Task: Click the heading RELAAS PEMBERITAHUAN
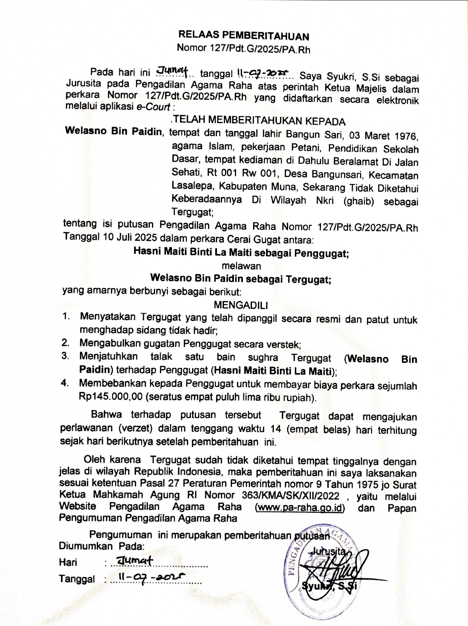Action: [x=244, y=36]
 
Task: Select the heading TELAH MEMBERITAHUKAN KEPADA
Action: [x=258, y=121]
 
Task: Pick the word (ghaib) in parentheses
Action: [x=358, y=201]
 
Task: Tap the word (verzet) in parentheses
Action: [x=135, y=428]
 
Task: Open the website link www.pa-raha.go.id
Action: [x=300, y=508]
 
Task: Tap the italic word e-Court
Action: [x=153, y=107]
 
